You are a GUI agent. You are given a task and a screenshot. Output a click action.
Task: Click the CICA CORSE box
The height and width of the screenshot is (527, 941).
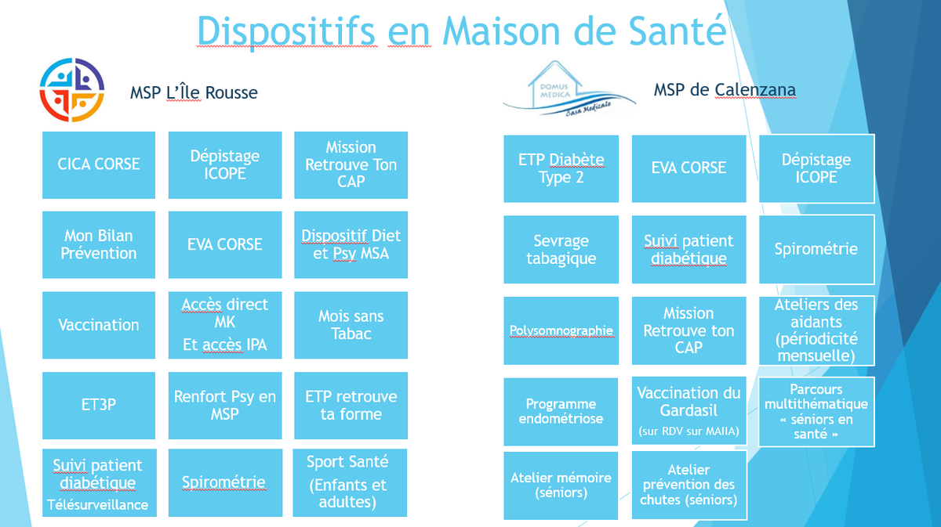[x=99, y=165]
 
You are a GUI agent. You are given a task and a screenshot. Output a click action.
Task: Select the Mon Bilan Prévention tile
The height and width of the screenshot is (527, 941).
[x=99, y=244]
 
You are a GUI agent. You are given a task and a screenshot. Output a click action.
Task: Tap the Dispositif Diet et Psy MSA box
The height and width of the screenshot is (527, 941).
[x=351, y=244]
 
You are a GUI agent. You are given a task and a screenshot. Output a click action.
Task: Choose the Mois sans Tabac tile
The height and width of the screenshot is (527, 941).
[x=351, y=325]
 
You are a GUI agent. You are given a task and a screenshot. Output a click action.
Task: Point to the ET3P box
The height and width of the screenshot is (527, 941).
[x=99, y=406]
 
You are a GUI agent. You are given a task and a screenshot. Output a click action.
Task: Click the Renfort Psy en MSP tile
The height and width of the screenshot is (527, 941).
[x=225, y=406]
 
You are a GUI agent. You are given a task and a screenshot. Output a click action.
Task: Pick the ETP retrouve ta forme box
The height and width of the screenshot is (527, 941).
[x=351, y=406]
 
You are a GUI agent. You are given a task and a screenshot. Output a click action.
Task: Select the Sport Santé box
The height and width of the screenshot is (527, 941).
[x=350, y=482]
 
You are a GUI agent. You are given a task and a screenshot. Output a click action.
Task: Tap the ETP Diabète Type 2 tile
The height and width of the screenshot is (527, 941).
[x=561, y=168]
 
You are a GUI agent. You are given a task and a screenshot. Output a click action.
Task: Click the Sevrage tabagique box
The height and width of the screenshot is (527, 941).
[x=561, y=249]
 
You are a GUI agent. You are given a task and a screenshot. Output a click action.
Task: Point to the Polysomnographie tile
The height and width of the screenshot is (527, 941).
[x=561, y=330]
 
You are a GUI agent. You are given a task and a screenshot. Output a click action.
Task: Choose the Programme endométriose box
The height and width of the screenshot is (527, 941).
[x=561, y=412]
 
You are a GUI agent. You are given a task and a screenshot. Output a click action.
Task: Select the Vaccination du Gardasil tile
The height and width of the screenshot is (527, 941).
[x=689, y=411]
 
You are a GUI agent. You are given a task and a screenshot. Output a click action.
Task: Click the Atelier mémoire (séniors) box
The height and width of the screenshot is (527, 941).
[x=561, y=485]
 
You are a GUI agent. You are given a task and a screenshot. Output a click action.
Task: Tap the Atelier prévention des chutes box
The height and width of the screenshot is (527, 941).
[x=689, y=485]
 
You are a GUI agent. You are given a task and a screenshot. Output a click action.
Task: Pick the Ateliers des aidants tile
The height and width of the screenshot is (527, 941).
[x=816, y=330]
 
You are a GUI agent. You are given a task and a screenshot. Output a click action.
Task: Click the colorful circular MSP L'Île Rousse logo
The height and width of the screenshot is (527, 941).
[x=72, y=90]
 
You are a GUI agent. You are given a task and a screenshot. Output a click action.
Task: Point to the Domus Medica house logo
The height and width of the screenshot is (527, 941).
[x=569, y=89]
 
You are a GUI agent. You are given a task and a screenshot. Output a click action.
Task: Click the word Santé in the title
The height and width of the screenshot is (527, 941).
[x=678, y=31]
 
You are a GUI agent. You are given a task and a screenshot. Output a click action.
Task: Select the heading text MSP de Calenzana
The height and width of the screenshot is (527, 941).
[x=725, y=90]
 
